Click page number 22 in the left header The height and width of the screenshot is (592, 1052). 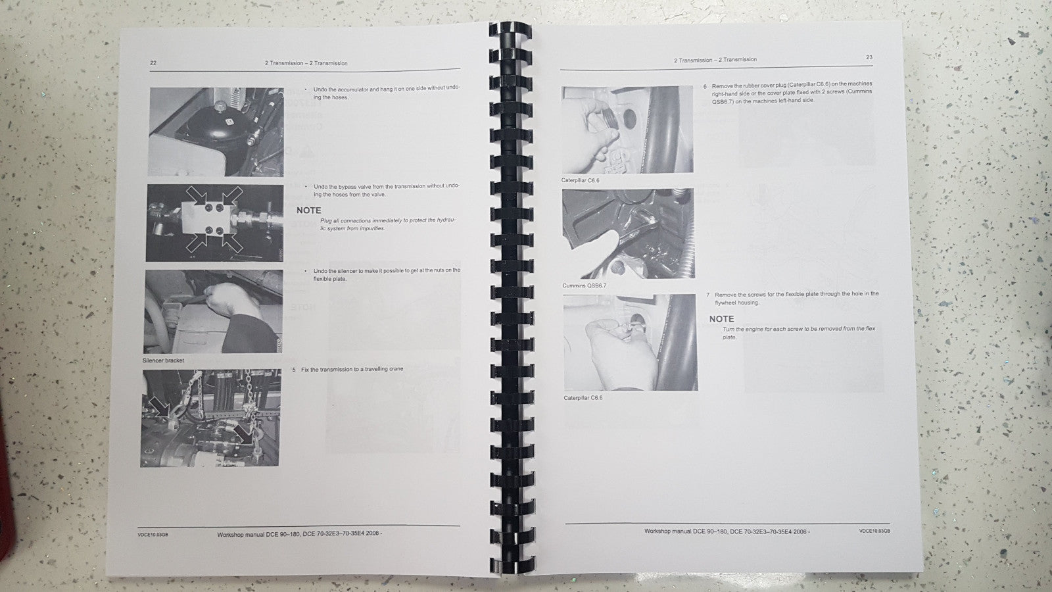(x=153, y=63)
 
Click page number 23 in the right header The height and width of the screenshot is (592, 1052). (x=869, y=57)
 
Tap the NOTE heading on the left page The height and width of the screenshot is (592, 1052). (x=309, y=210)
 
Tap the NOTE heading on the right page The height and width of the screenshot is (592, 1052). (x=721, y=319)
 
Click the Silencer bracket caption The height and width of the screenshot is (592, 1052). (x=163, y=360)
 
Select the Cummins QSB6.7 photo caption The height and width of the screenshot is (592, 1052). (x=585, y=285)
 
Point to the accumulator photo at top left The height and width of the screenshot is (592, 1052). (x=216, y=132)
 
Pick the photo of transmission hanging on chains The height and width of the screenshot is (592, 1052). (x=210, y=418)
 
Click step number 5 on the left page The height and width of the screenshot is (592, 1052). (x=294, y=370)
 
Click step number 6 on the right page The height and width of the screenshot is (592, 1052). (x=705, y=86)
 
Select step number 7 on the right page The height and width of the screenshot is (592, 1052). (x=707, y=295)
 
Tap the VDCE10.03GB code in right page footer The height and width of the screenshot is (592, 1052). (x=874, y=531)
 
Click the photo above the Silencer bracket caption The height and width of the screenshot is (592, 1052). (x=213, y=311)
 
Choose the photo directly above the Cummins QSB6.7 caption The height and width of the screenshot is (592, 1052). (x=627, y=233)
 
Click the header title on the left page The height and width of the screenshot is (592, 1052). (x=306, y=63)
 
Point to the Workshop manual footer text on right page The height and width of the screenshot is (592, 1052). (x=727, y=531)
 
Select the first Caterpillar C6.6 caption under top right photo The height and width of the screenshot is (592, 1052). (x=580, y=180)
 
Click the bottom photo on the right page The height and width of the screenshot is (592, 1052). (x=630, y=342)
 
